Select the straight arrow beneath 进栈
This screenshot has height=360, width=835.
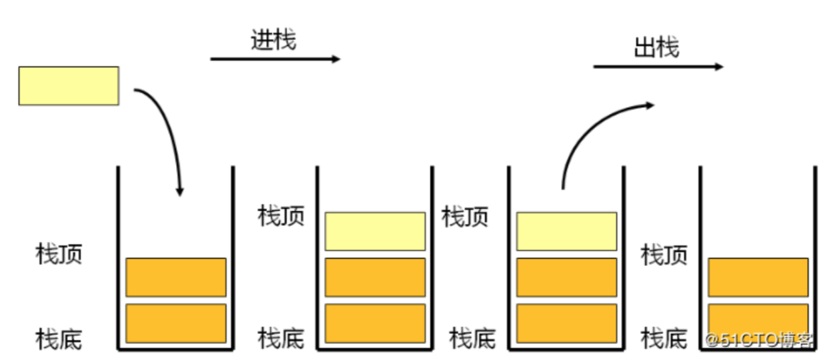coord(275,59)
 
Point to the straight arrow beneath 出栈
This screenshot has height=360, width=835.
coord(658,67)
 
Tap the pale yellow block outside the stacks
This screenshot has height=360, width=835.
coord(69,85)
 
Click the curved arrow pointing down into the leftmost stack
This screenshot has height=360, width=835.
coord(170,133)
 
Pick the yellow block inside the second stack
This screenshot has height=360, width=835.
coord(375,231)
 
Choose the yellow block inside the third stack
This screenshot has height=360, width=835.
coord(566,231)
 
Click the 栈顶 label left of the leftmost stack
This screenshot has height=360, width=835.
coord(59,254)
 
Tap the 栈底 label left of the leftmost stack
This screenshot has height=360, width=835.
coord(59,339)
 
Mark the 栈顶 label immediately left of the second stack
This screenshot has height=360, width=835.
coord(281,216)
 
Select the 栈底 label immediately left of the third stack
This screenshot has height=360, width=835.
coord(472,338)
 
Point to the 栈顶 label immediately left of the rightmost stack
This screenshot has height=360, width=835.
coord(664,254)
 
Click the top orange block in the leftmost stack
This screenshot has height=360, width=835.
coord(176,277)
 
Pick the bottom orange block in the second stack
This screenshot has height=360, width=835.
coord(375,323)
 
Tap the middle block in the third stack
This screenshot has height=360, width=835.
coord(566,277)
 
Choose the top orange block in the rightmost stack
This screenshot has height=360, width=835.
coord(758,277)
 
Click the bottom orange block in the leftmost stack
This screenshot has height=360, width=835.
coord(176,323)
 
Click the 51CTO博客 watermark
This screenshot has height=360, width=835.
coord(760,340)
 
